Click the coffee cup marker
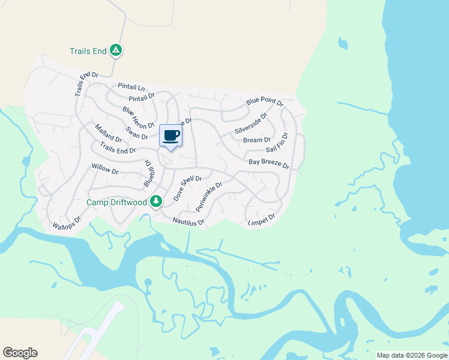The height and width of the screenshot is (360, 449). [171, 136]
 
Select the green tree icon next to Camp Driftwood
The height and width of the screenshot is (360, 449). [156, 201]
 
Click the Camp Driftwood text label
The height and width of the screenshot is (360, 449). [117, 203]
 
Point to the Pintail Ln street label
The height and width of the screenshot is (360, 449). [131, 87]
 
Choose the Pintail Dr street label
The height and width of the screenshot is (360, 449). [142, 97]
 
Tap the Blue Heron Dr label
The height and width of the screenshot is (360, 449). [138, 118]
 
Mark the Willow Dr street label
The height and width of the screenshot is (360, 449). [105, 169]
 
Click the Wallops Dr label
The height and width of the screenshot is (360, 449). [66, 223]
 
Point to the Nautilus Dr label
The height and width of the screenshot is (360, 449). [188, 222]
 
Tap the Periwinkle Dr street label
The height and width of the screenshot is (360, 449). [209, 196]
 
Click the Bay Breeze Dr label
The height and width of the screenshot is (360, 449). [269, 163]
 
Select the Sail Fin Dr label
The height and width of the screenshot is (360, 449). [277, 143]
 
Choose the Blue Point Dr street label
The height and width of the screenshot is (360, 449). [265, 103]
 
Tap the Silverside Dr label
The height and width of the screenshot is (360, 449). [251, 123]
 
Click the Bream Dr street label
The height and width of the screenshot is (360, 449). [257, 140]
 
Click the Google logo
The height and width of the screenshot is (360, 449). [20, 353]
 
